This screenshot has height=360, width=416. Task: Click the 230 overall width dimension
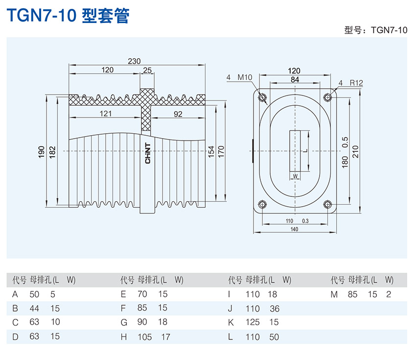click(x=134, y=61)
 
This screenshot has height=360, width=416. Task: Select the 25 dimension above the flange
click(x=147, y=70)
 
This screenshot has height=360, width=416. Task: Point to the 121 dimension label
click(x=105, y=114)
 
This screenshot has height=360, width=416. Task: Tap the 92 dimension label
click(x=178, y=114)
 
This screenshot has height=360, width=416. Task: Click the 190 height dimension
click(x=41, y=151)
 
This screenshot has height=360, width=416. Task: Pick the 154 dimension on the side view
click(x=211, y=151)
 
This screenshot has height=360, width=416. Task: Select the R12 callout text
click(x=356, y=83)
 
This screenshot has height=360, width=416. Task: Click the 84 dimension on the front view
click(x=295, y=79)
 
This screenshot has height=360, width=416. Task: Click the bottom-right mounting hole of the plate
click(x=327, y=204)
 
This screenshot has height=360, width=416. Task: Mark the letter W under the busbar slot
click(x=295, y=175)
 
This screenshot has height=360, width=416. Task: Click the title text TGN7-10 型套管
click(x=68, y=16)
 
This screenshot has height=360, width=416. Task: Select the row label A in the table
click(x=15, y=294)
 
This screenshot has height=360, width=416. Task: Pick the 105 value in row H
click(x=145, y=337)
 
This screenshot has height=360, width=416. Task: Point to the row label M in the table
click(x=334, y=294)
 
